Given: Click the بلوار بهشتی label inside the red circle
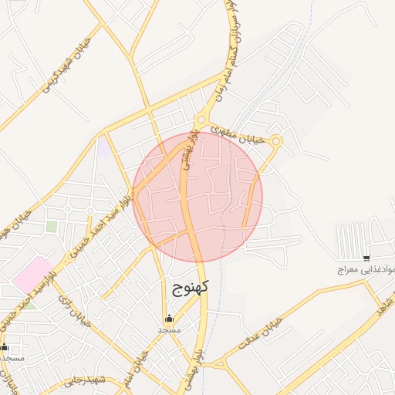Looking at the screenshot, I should pyautogui.click(x=189, y=150).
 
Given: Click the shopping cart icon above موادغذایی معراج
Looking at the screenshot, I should pyautogui.click(x=366, y=258).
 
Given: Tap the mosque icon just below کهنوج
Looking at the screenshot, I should pyautogui.click(x=169, y=319).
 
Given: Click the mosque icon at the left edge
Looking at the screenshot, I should pyautogui.click(x=5, y=347).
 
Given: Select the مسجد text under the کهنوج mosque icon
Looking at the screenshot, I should pyautogui.click(x=169, y=330).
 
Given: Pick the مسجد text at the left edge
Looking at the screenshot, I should pyautogui.click(x=12, y=359).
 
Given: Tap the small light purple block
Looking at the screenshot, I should pyautogui.click(x=103, y=147).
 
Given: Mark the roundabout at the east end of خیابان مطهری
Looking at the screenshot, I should pyautogui.click(x=276, y=140).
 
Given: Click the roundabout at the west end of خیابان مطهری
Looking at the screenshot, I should pyautogui.click(x=201, y=120).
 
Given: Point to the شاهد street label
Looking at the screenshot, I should pyautogui.click(x=380, y=302).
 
